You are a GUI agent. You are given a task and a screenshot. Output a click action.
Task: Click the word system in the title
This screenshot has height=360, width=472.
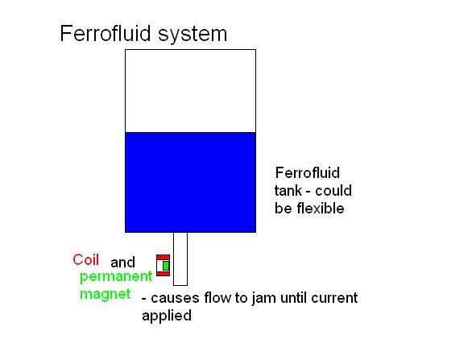point(193,35)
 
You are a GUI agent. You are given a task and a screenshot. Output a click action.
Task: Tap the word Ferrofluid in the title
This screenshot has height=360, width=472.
point(106,33)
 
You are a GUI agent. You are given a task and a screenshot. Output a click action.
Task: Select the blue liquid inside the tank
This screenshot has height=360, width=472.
point(191,182)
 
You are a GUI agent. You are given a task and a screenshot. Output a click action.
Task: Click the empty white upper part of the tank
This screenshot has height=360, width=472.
point(191,91)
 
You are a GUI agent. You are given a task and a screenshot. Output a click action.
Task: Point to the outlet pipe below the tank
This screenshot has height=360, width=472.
point(180,259)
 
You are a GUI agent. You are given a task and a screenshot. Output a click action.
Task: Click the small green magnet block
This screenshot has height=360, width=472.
point(166,266)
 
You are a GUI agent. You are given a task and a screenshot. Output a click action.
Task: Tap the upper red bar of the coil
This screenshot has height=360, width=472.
point(164,258)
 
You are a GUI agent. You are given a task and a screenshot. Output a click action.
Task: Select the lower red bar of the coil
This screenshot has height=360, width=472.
point(164,274)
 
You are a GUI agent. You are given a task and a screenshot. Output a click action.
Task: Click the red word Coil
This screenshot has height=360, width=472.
point(86,259)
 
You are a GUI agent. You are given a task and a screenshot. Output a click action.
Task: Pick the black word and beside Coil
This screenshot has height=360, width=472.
point(122,263)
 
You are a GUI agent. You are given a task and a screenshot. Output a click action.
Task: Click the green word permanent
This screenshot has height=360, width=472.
point(116,277)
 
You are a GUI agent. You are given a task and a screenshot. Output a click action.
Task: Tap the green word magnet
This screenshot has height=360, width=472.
point(106,294)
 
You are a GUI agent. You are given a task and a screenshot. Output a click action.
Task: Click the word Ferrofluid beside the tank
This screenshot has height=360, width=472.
point(308,173)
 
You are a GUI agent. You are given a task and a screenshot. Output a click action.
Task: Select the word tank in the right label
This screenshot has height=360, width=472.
point(288,191)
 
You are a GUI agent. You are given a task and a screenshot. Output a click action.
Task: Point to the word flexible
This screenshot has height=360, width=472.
point(321,209)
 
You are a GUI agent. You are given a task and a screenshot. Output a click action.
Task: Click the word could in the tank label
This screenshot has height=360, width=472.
point(333,191)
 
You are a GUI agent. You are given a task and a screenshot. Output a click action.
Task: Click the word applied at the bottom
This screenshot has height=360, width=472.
point(167,317)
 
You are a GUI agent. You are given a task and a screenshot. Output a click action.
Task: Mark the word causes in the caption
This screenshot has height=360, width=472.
point(175,299)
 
